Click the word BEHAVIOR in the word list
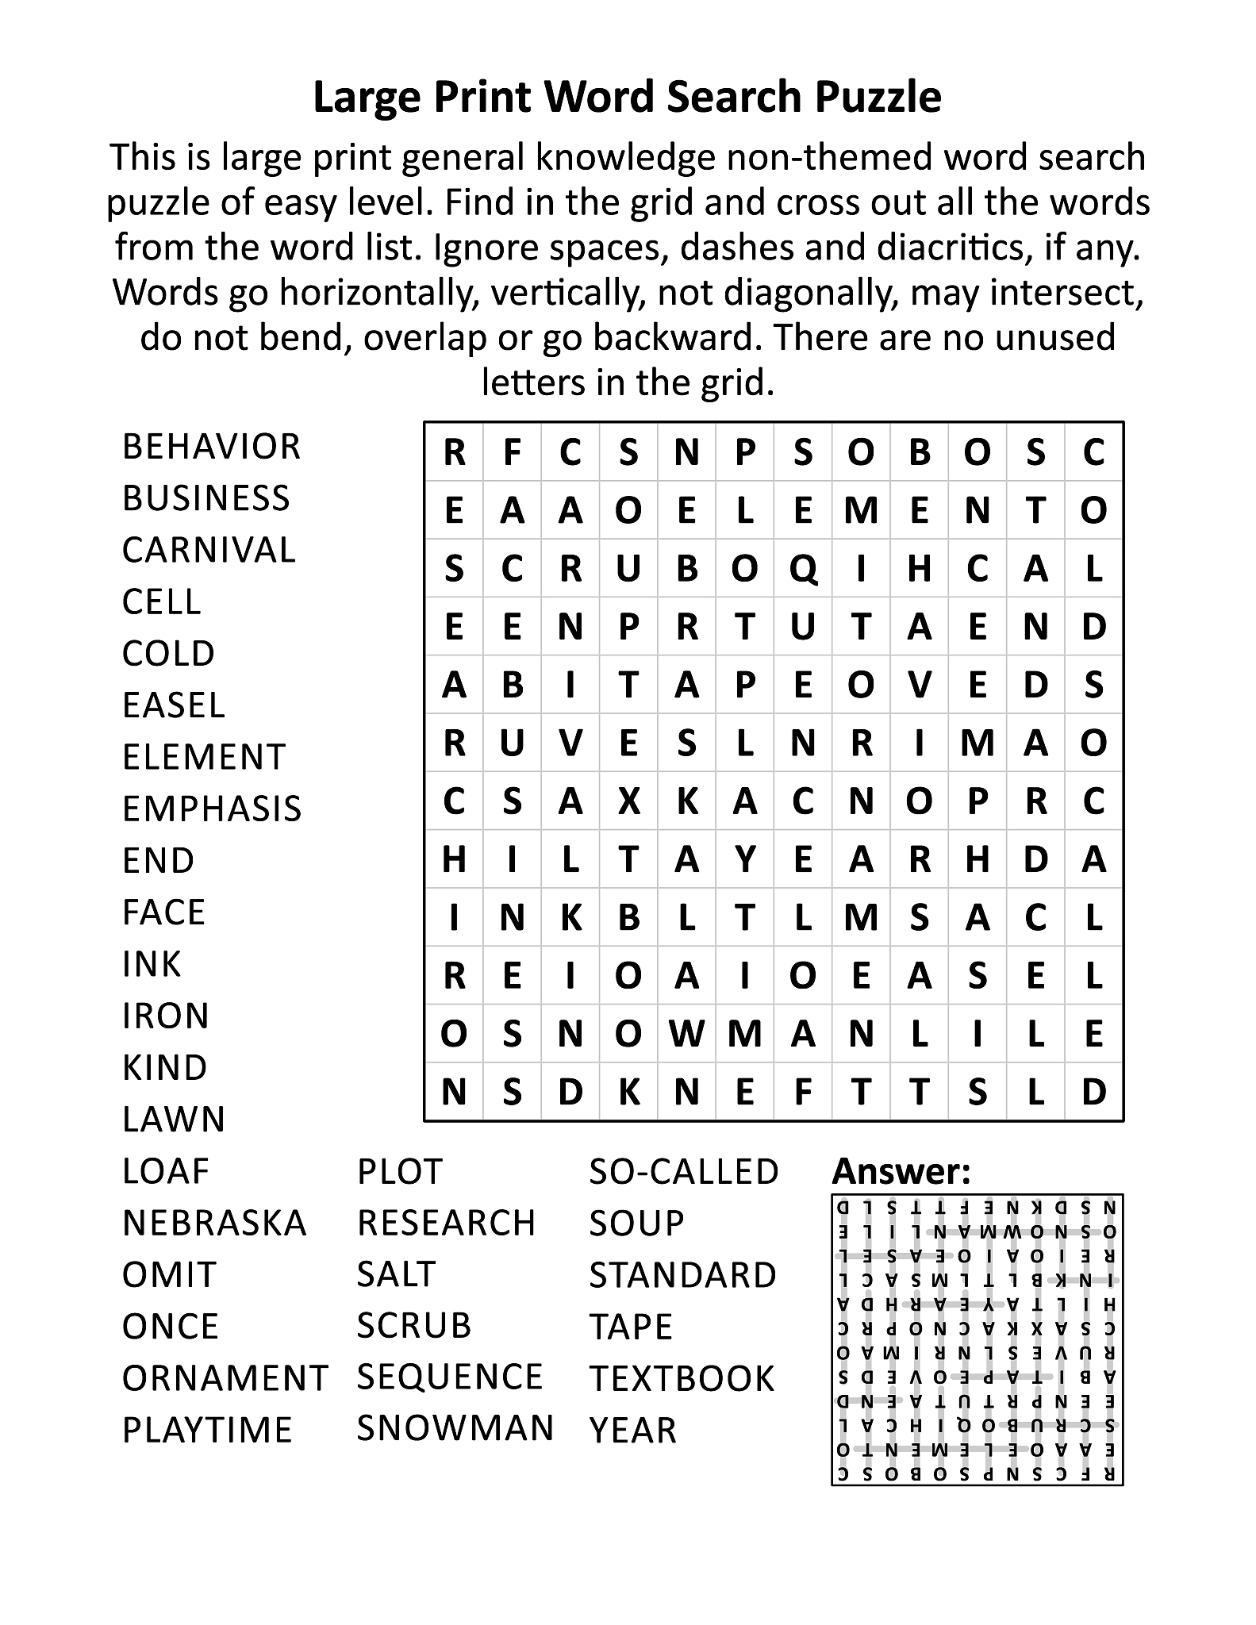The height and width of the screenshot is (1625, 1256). (211, 447)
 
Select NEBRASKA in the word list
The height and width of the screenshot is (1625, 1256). (214, 1223)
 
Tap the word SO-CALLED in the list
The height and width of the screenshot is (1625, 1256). (683, 1172)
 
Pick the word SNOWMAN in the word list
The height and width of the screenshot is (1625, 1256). (455, 1428)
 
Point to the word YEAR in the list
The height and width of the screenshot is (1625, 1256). (632, 1431)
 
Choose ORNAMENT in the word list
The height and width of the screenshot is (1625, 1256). (225, 1378)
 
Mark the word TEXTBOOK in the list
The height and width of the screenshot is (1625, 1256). (681, 1379)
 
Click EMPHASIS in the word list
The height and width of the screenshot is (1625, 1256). (212, 809)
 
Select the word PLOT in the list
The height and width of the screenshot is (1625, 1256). (399, 1172)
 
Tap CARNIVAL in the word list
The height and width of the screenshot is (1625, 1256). (209, 551)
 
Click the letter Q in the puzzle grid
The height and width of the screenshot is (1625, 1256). (803, 569)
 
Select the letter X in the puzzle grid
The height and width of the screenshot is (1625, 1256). (628, 801)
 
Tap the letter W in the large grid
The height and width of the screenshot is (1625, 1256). (686, 1034)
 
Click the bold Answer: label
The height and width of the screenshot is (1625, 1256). (901, 1171)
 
